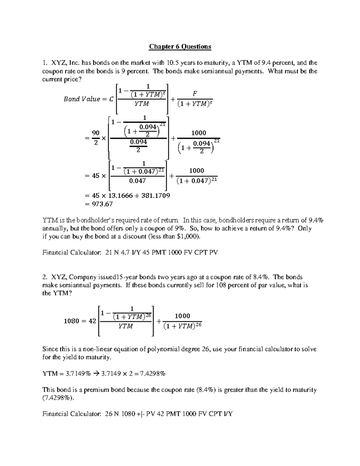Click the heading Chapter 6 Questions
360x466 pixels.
(180, 47)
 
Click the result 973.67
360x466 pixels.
(102, 204)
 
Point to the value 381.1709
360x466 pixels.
(154, 196)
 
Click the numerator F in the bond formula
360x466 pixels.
(195, 93)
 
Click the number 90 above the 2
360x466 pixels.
(96, 133)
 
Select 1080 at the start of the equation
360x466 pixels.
(71, 321)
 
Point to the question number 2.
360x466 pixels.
(45, 277)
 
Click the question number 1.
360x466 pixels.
(45, 63)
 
